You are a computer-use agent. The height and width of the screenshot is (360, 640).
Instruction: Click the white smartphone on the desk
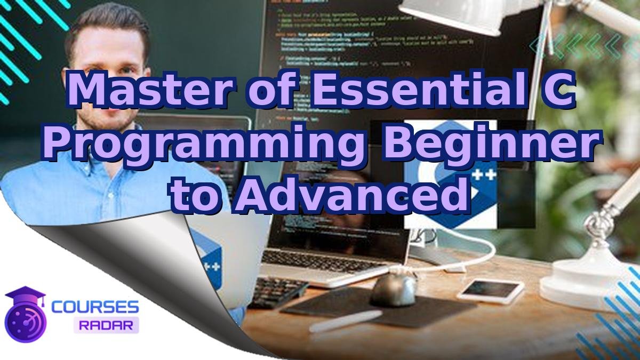tap(490, 291)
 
